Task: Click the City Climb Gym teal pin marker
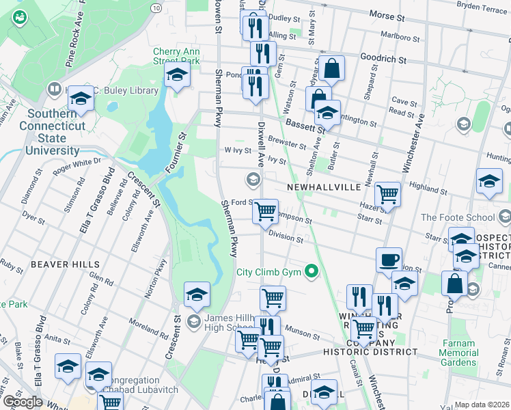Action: click(312, 272)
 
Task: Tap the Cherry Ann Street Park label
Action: click(176, 56)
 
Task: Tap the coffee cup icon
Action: click(389, 260)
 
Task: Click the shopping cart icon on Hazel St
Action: click(387, 194)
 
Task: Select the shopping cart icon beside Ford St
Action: click(265, 211)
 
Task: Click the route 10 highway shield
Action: click(156, 7)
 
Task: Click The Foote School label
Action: click(456, 218)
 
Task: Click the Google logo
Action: click(23, 402)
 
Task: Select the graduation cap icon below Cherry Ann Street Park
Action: click(176, 79)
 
